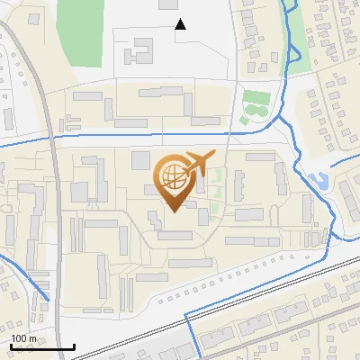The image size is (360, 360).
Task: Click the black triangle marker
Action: tap(180, 24)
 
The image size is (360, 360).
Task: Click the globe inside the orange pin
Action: tap(172, 179)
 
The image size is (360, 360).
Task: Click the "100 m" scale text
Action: tap(23, 338)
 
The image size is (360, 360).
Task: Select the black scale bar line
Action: tap(42, 346)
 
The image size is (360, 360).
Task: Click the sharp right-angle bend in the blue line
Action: tap(186, 314)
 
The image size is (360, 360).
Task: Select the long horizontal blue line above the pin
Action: tap(135, 135)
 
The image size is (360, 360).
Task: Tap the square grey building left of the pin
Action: tap(140, 160)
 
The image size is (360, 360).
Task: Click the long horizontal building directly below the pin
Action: tap(173, 237)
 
